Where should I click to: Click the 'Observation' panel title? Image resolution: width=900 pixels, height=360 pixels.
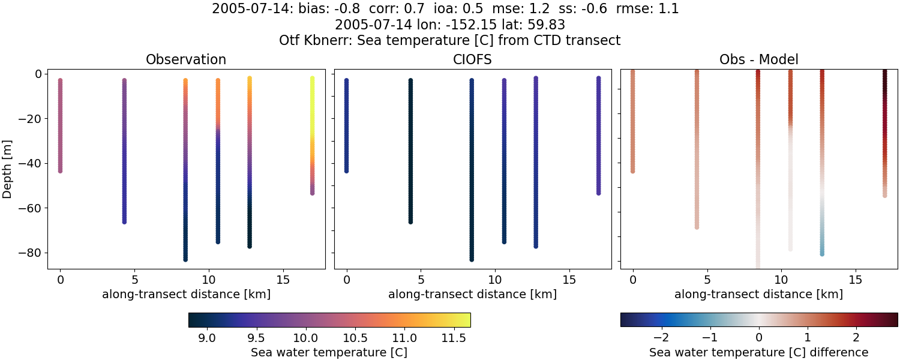pos(186,60)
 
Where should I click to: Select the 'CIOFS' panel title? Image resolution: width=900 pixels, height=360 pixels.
pos(472,60)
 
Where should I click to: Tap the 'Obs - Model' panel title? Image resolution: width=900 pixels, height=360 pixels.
pos(758,60)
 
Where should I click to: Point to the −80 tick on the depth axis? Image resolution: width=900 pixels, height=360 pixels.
pos(29,253)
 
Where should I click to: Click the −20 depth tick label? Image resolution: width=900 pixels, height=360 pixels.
pos(29,119)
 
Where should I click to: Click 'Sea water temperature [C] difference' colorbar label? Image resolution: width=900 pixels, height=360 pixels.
pos(758,353)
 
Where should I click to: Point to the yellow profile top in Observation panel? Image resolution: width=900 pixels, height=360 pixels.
pos(312,79)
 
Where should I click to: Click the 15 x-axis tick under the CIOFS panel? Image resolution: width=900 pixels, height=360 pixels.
pos(569,280)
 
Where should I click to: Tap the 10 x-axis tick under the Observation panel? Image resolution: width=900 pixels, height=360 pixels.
pos(208,280)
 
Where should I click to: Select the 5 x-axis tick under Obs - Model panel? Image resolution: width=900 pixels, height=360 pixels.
pos(707,280)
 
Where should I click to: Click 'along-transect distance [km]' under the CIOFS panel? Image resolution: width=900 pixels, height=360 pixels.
pos(472,294)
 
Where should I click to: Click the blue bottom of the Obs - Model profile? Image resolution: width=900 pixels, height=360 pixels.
pos(822,253)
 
